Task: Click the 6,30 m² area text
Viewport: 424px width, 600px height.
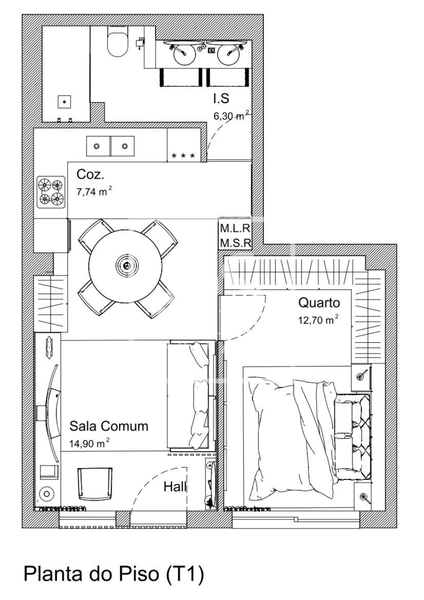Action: click(231, 116)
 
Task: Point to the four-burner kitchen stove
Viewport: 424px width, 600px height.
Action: click(51, 192)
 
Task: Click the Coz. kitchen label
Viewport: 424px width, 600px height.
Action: click(90, 175)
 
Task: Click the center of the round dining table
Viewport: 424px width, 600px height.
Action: click(126, 265)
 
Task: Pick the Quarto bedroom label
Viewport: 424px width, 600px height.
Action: click(319, 302)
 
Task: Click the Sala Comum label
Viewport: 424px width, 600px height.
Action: click(109, 426)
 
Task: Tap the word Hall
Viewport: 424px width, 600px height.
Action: click(175, 487)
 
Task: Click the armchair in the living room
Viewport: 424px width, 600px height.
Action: click(95, 483)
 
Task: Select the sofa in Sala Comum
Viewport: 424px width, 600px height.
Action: click(188, 396)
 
